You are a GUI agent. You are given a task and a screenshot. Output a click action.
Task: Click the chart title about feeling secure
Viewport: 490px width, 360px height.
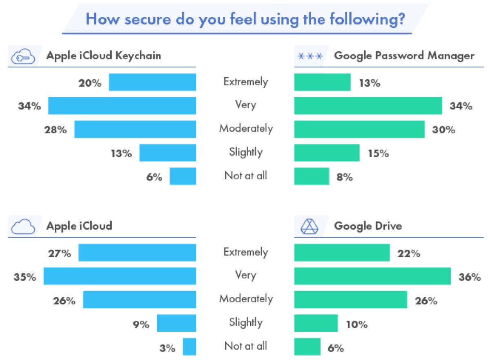coord(245,19)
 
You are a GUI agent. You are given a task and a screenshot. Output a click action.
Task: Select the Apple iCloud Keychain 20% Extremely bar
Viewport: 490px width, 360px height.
coord(152,82)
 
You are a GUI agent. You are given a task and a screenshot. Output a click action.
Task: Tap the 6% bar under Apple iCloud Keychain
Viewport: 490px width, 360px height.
coord(183,176)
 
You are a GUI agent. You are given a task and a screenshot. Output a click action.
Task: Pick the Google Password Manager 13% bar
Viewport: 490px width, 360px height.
coord(322,82)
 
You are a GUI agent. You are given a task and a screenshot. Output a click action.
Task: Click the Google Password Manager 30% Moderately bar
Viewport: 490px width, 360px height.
coord(359,129)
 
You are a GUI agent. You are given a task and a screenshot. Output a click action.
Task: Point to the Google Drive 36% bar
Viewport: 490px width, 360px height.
coord(372,276)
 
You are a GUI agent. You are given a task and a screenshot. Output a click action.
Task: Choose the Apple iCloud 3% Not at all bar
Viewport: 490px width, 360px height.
coord(189,347)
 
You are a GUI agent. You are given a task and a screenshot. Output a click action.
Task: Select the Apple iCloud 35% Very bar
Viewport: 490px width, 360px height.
coord(120,276)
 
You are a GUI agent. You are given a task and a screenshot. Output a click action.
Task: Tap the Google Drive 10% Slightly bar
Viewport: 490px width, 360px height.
coord(316,323)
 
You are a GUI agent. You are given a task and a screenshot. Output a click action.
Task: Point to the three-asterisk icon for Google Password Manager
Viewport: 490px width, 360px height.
coord(310,56)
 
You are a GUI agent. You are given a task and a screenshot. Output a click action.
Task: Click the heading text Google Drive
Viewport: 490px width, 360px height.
coord(368,226)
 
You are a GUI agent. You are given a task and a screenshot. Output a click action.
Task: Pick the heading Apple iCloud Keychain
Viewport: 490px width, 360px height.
coord(104,56)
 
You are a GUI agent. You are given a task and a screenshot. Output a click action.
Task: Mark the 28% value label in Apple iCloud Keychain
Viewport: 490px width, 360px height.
coord(55,130)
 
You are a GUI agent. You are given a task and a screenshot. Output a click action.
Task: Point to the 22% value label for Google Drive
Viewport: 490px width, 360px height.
coord(408,253)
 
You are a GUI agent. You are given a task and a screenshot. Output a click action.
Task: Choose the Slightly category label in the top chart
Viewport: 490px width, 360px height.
coord(245,152)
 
